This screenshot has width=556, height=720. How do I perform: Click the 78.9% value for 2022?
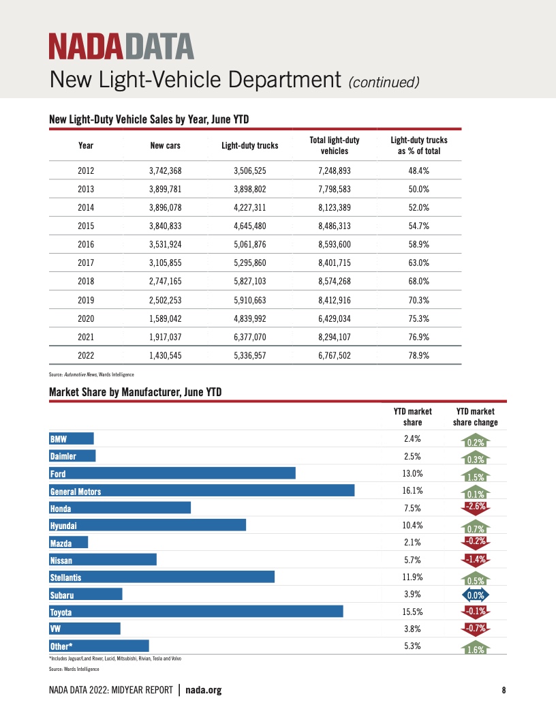418,355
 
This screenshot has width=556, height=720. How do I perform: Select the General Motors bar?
202,491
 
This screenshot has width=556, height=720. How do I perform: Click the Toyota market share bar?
196,612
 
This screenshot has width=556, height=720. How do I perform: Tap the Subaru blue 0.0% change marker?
475,595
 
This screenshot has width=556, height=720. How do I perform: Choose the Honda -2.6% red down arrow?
475,507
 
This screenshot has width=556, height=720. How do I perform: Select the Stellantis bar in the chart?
161,577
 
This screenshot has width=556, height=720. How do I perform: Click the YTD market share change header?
475,417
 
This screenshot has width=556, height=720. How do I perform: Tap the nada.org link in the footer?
204,690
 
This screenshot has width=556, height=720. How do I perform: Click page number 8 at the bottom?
504,690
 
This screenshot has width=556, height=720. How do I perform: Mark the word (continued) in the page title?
383,82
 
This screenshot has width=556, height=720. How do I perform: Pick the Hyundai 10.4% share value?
413,526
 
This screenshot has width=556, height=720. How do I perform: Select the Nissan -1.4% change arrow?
475,560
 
